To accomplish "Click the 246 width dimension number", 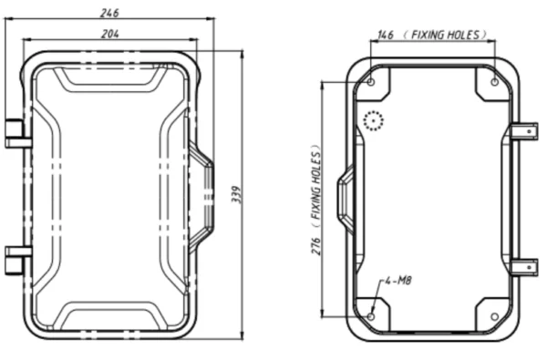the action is [110, 13].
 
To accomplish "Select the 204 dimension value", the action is [110, 34].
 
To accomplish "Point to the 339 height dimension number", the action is [236, 195].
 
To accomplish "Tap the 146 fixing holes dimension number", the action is [386, 35].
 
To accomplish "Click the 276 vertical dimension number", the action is [315, 246].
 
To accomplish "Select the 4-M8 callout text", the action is [397, 280].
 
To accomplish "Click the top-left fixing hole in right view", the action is [372, 82].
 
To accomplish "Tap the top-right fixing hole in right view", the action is [495, 82].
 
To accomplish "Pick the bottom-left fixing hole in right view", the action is [372, 317].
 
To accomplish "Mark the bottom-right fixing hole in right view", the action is [495, 317].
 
